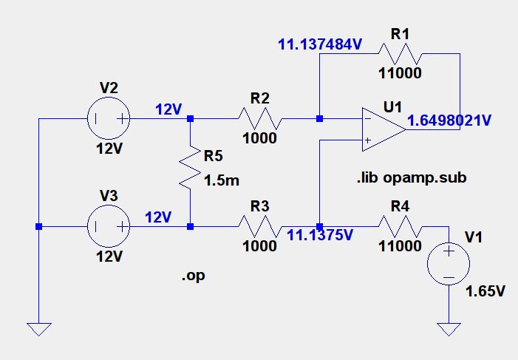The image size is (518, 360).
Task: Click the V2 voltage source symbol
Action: click(x=109, y=118)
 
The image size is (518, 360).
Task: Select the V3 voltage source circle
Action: click(x=109, y=226)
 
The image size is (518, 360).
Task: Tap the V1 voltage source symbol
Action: click(x=449, y=265)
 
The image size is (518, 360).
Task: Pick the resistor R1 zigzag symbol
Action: click(x=401, y=54)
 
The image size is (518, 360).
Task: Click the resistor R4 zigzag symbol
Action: click(x=400, y=226)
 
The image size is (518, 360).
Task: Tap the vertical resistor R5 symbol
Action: click(x=191, y=170)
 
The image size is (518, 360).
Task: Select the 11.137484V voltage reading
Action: click(x=320, y=44)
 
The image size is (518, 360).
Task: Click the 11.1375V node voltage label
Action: click(x=321, y=236)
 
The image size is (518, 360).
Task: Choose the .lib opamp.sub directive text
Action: click(x=410, y=178)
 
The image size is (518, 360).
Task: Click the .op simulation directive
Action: click(x=193, y=276)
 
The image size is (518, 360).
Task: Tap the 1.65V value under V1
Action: click(x=485, y=291)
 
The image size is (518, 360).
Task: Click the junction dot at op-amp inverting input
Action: click(x=319, y=118)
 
